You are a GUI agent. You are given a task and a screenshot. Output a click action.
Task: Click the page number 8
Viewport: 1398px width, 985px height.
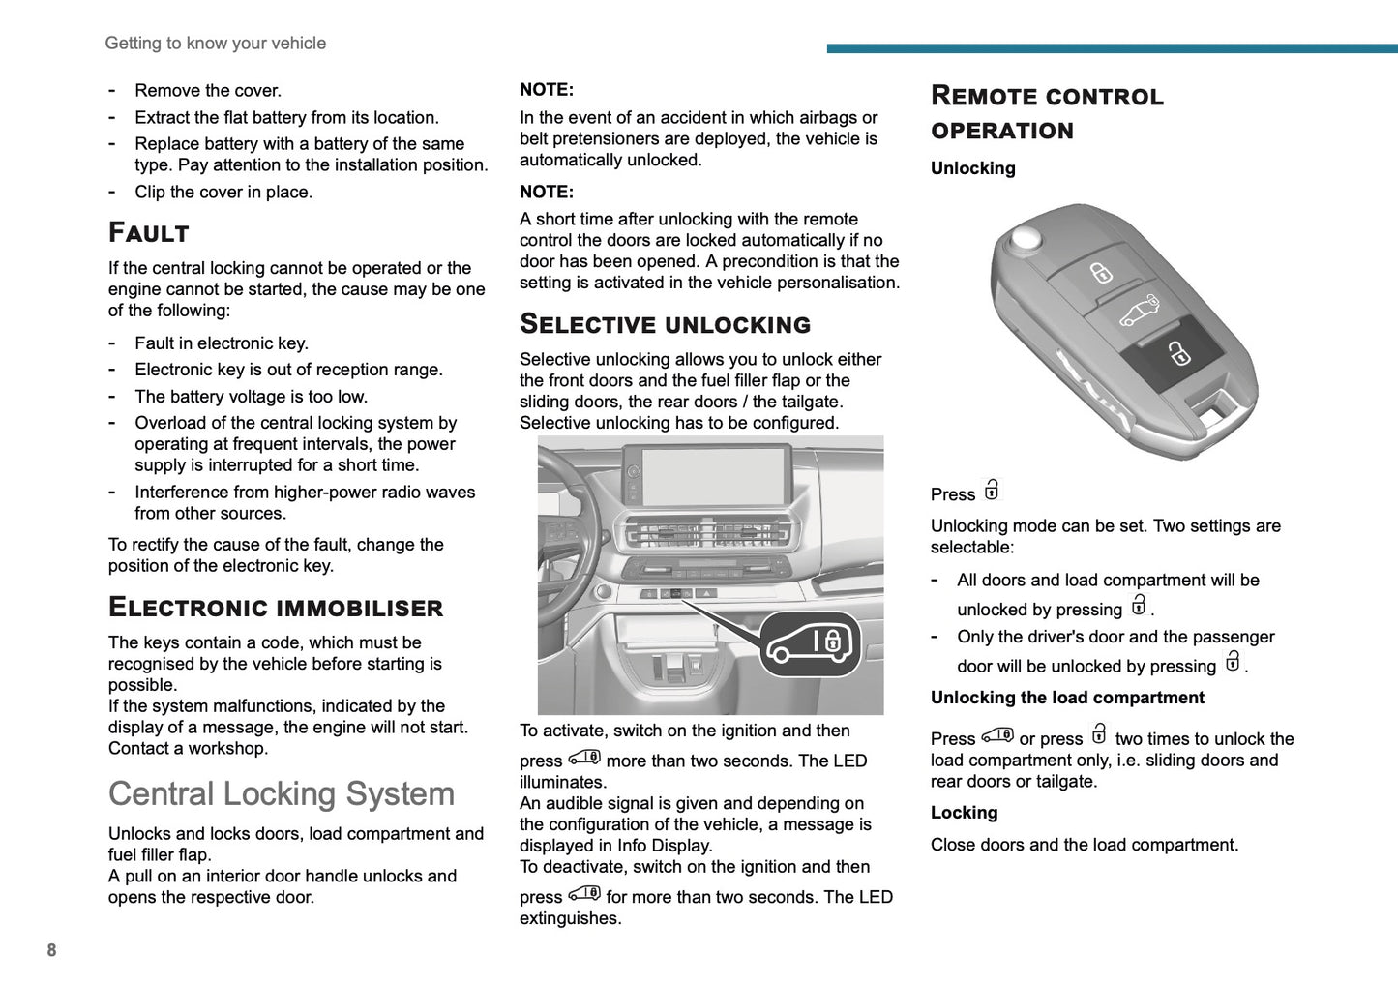point(51,950)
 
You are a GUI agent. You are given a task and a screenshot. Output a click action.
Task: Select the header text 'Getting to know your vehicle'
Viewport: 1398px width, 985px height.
point(215,44)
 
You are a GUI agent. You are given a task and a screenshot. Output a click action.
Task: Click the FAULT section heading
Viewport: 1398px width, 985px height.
point(149,233)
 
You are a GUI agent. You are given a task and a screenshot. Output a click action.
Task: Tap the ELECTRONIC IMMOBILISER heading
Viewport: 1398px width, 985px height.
point(276,608)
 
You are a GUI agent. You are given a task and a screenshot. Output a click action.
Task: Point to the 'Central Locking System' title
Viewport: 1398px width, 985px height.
point(282,793)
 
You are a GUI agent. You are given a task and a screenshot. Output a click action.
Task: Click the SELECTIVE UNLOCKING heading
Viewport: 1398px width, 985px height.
point(665,324)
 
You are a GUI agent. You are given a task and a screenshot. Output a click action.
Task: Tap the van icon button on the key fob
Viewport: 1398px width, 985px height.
point(1139,311)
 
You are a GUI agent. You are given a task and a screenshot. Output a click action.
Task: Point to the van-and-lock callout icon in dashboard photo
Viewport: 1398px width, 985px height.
point(810,643)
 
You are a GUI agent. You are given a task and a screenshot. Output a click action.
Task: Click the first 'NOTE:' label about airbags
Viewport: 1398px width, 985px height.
point(547,90)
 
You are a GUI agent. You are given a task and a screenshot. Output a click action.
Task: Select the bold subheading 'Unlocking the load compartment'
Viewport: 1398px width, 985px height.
point(1067,698)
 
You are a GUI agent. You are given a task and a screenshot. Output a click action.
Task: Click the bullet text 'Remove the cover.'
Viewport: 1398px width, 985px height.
point(208,91)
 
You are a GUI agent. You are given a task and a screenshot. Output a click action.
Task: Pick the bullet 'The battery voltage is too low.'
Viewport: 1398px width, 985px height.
point(251,397)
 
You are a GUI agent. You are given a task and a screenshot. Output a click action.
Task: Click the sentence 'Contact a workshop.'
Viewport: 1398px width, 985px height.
point(188,748)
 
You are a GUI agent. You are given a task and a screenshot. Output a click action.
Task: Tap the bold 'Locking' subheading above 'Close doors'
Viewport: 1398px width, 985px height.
point(964,813)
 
